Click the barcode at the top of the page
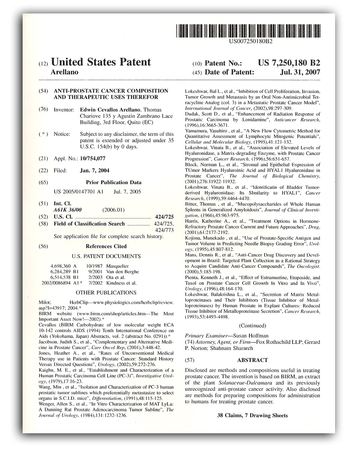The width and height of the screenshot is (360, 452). pyautogui.click(x=248, y=31)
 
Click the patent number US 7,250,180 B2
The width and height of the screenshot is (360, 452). pyautogui.click(x=289, y=63)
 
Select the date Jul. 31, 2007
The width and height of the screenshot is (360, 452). pyautogui.click(x=300, y=72)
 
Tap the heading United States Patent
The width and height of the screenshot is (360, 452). pyautogui.click(x=101, y=62)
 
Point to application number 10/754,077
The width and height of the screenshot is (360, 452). pyautogui.click(x=92, y=158)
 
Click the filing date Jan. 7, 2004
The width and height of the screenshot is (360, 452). pyautogui.click(x=94, y=170)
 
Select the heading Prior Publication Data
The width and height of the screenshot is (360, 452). pyautogui.click(x=113, y=182)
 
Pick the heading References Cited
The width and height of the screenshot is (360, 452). pyautogui.click(x=106, y=246)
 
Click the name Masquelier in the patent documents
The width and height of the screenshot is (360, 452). pyautogui.click(x=117, y=266)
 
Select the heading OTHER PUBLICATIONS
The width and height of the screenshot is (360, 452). pyautogui.click(x=106, y=292)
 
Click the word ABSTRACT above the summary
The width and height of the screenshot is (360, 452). pyautogui.click(x=252, y=360)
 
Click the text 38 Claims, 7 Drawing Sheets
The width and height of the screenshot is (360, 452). pyautogui.click(x=252, y=415)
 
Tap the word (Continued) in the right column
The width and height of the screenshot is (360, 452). pyautogui.click(x=252, y=325)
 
